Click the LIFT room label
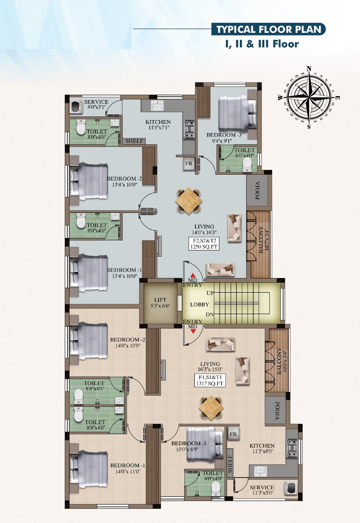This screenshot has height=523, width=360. click(x=160, y=300)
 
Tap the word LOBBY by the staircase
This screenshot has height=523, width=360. click(x=199, y=305)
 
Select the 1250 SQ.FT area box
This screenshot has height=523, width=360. click(x=204, y=244)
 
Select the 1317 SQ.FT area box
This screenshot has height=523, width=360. click(x=210, y=380)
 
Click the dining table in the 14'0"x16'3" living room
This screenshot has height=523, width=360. click(x=189, y=201)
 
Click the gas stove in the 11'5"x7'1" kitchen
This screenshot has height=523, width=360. click(x=189, y=129)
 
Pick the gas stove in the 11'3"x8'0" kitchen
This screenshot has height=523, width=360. click(x=292, y=448)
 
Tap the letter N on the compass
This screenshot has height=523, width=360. click(x=309, y=69)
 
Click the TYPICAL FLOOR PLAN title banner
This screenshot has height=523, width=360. click(x=268, y=29)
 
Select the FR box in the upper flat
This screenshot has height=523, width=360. click(x=189, y=164)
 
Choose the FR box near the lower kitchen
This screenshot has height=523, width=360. click(x=233, y=434)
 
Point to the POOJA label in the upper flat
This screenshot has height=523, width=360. click(x=257, y=191)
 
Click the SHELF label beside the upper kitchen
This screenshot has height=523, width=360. click(x=134, y=141)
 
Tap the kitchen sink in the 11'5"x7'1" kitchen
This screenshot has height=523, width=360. click(x=157, y=106)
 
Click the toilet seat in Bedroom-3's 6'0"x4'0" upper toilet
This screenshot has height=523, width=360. click(x=247, y=164)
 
